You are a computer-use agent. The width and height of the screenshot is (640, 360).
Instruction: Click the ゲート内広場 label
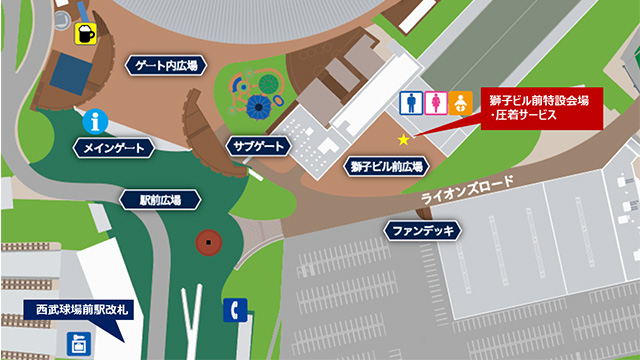click(165, 66)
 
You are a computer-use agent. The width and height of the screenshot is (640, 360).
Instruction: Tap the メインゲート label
click(115, 148)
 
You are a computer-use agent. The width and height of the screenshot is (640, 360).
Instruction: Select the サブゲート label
click(257, 146)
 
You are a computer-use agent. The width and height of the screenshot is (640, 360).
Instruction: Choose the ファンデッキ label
click(423, 231)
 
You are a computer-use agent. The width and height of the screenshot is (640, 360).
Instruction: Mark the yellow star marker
click(404, 139)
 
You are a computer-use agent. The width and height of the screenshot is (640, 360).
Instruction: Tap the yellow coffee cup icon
click(89, 33)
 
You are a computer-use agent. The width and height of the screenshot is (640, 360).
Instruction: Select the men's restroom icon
click(410, 102)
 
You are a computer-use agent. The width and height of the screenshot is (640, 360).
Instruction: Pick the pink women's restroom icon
click(435, 102)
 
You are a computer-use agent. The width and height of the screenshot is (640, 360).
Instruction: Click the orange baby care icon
click(461, 102)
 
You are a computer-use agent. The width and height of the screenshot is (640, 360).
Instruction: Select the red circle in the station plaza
click(207, 241)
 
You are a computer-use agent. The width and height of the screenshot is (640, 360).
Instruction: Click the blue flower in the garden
click(260, 106)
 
